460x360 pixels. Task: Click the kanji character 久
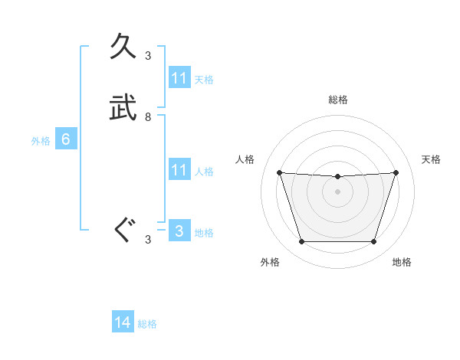point(124,47)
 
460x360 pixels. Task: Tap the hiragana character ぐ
point(124,231)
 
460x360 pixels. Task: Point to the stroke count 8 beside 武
point(148,117)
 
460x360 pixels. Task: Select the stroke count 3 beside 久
point(148,55)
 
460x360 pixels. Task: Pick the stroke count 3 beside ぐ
point(148,240)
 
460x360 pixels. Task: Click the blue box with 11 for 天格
point(179,78)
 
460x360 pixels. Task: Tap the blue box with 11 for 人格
point(179,170)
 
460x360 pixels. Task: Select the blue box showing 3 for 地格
point(179,231)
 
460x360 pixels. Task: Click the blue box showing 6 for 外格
point(66,139)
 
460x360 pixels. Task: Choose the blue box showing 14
point(123,322)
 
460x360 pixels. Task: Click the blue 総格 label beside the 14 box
point(147,324)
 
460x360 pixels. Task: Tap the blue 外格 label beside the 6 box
point(41,141)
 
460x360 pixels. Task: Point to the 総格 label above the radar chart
point(338,100)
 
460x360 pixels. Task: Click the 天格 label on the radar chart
point(431,159)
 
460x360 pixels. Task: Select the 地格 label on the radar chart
point(402,262)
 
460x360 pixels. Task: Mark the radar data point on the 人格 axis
point(280,172)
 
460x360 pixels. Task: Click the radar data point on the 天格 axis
point(396,172)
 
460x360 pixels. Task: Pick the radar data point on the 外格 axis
point(301,242)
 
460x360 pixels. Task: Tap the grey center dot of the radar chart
point(338,191)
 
